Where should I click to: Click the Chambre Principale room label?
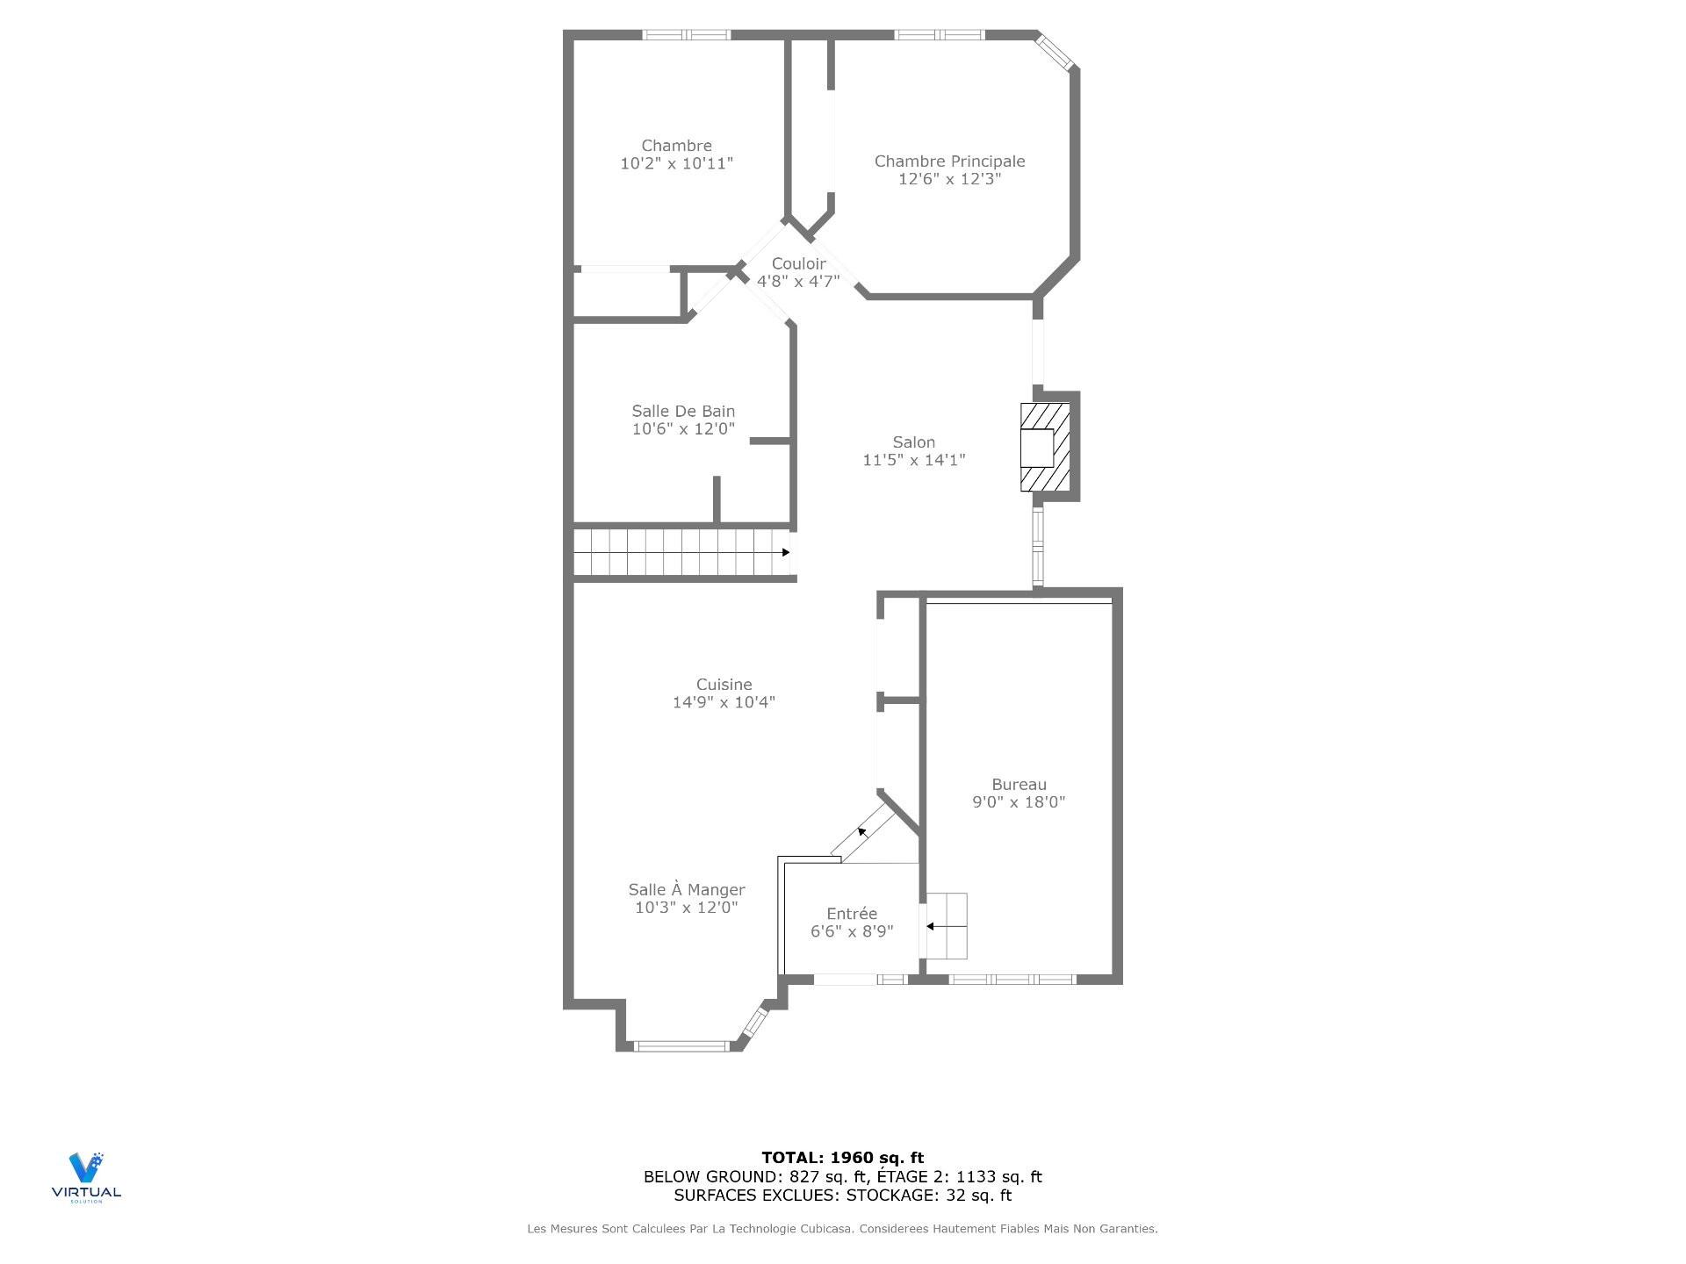coord(949,162)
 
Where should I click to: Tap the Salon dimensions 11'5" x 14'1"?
coord(914,460)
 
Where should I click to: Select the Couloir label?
coord(799,264)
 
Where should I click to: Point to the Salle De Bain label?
coord(683,411)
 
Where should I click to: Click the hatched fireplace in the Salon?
coord(1045,447)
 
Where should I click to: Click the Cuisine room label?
coord(724,685)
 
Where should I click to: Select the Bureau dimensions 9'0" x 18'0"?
coord(1019,801)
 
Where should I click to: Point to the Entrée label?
coord(852,914)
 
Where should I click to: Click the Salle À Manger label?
coord(687,890)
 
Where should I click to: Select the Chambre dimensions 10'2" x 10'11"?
coord(677,163)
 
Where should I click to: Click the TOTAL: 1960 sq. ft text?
coord(843,1158)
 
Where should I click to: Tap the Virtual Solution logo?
coord(86,1177)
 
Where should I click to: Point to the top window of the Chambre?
coord(686,35)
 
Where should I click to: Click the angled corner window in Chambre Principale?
coord(1055,51)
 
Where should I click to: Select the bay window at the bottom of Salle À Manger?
coord(681,1045)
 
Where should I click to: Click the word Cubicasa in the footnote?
coord(826,1229)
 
